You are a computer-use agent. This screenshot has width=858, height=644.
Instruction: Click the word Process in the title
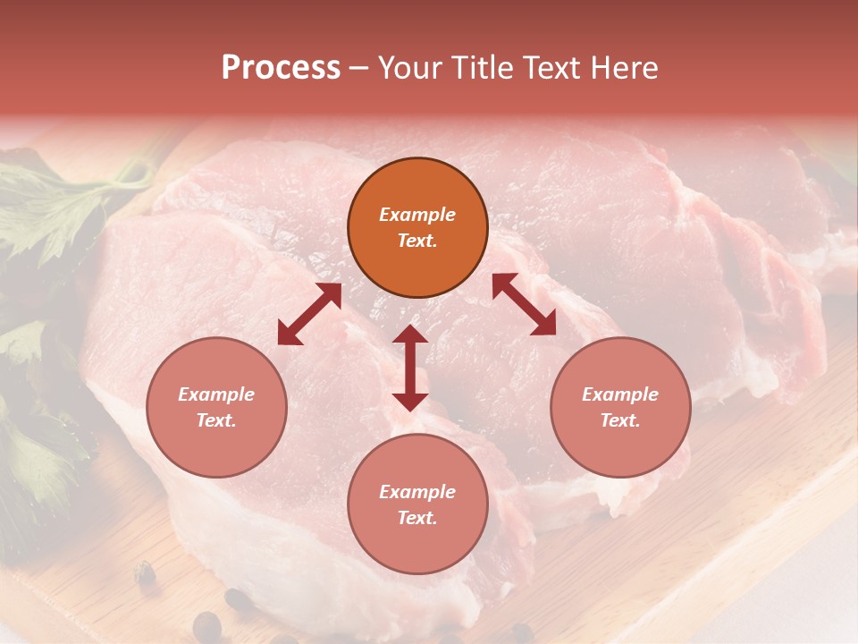click(x=281, y=68)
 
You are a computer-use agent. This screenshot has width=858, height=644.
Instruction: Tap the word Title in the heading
click(x=482, y=68)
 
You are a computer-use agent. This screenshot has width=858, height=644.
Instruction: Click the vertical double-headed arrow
click(x=410, y=369)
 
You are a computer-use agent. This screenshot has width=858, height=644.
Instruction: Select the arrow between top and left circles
click(x=309, y=314)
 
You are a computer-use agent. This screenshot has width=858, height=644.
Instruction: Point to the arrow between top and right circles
click(x=524, y=304)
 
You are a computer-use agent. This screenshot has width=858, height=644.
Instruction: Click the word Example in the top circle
click(x=417, y=215)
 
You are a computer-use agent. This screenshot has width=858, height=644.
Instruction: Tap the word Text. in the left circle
click(x=216, y=420)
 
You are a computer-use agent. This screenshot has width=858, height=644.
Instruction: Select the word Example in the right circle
click(x=620, y=394)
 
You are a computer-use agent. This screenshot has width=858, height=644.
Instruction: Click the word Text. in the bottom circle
click(x=417, y=518)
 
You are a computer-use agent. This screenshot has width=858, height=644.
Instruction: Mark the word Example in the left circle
click(x=216, y=394)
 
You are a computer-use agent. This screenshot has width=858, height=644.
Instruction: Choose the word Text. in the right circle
click(x=620, y=420)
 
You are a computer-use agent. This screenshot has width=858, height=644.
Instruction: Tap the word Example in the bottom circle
click(x=417, y=492)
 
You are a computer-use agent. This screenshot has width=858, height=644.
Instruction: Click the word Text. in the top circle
click(x=417, y=241)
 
